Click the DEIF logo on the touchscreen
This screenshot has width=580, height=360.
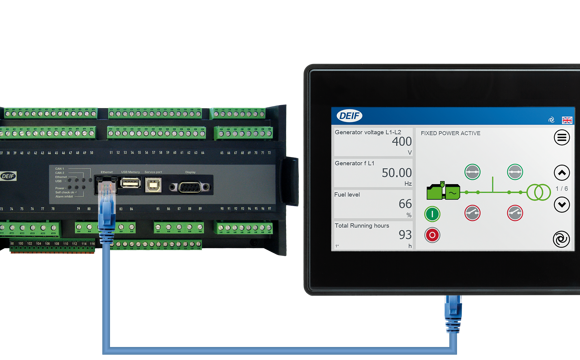coord(349,116)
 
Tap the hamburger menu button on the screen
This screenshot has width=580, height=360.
coord(561,138)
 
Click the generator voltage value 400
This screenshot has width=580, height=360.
coord(401,142)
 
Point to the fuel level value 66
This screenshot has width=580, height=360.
coord(404,204)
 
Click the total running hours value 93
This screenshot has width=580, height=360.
coord(404,235)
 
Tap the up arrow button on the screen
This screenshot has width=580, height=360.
coord(561,173)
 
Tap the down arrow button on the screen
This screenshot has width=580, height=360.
coord(561,204)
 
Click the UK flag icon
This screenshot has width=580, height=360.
coord(567,119)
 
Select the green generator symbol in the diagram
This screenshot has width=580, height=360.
coord(443,190)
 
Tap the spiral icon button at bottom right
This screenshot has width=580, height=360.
coord(561,239)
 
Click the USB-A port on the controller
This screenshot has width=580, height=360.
coord(130,184)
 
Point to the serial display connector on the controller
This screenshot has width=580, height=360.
coord(189,185)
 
